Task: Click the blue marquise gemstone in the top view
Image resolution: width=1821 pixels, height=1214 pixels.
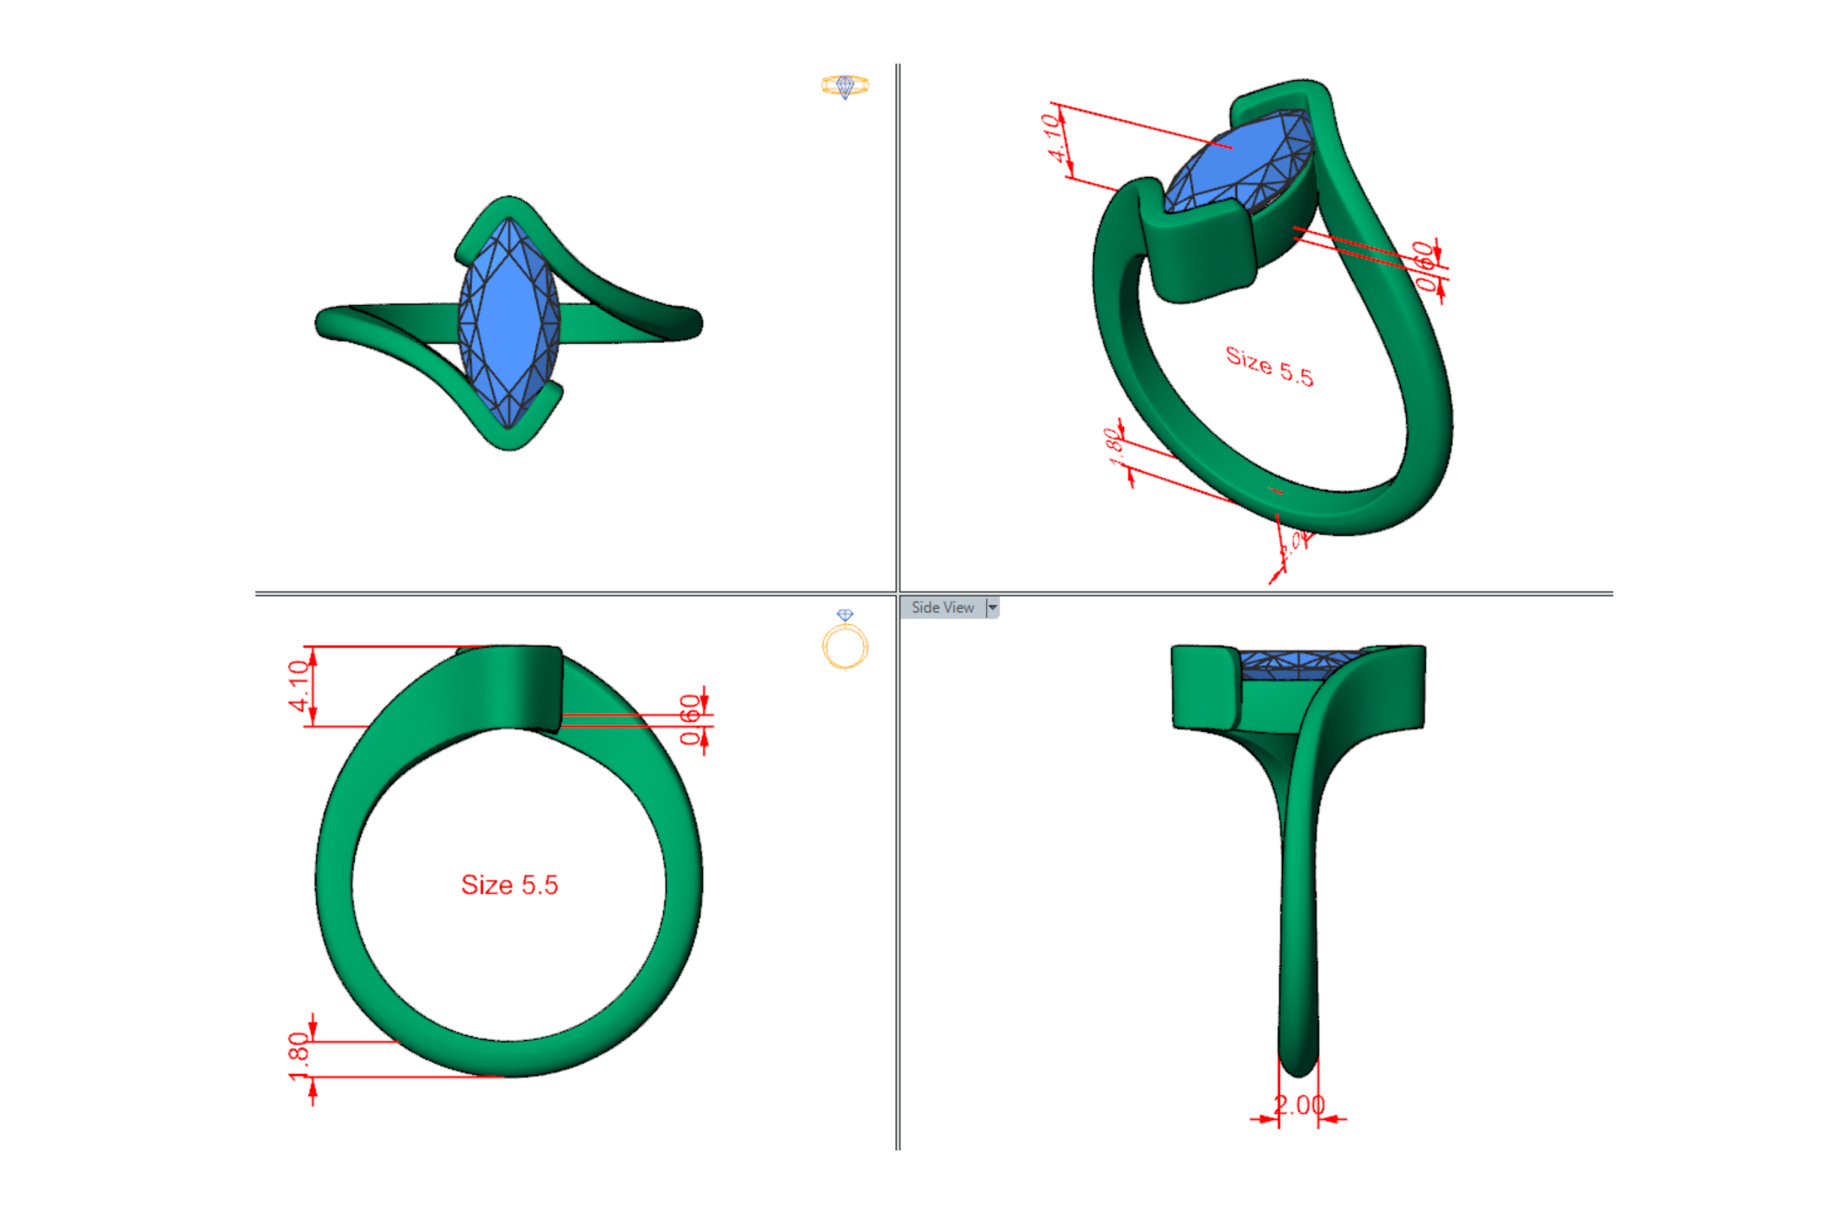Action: pos(508,321)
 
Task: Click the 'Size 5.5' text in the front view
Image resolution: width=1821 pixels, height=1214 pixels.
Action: pos(509,884)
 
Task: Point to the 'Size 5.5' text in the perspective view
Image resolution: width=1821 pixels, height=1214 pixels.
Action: pos(1269,366)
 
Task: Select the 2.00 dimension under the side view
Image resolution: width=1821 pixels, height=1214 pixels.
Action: pos(1299,1105)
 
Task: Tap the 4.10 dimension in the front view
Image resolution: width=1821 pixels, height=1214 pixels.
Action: pos(299,685)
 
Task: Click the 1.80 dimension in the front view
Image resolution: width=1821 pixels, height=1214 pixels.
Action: pos(298,1056)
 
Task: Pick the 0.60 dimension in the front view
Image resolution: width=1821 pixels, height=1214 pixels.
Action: pos(689,720)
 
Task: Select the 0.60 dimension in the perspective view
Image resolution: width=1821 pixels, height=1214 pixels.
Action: pos(1425,266)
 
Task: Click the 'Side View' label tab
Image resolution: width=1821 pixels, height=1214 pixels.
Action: pos(943,608)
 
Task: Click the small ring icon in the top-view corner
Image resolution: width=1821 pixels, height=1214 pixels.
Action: pos(845,85)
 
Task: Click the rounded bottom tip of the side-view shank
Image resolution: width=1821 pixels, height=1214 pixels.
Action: pos(1299,1065)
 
